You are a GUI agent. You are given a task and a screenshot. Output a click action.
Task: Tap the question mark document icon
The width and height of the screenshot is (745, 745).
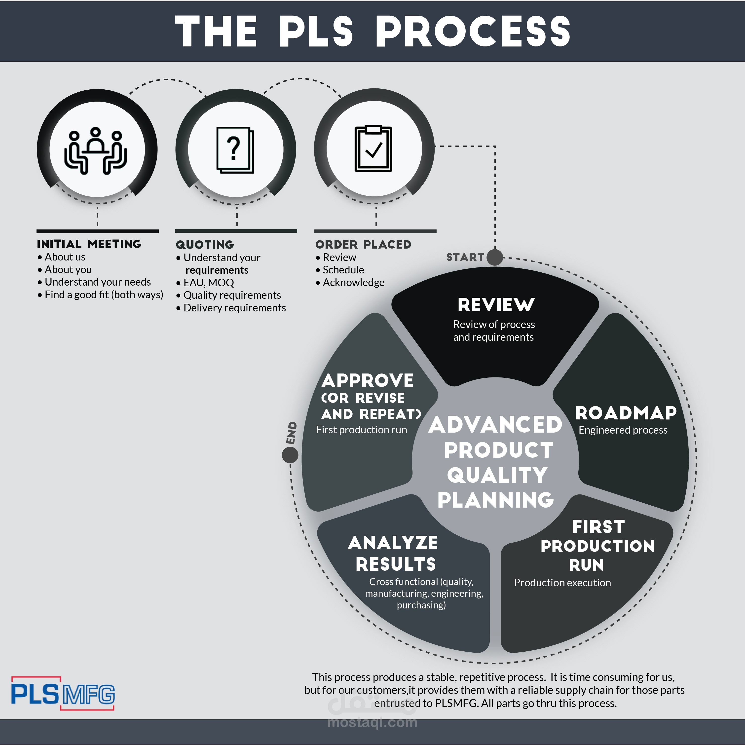[x=235, y=150]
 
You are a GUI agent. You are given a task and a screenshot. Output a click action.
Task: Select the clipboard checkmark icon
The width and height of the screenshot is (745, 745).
[x=373, y=149]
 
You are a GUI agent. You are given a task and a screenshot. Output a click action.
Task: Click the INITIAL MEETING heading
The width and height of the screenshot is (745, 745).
[x=89, y=244]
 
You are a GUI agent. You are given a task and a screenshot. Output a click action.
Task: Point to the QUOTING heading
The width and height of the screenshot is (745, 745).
[x=205, y=245]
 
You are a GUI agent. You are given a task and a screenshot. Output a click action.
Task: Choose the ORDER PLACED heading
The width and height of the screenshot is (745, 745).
[x=363, y=244]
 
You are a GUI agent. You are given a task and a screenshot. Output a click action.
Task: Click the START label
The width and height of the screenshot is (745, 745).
[x=465, y=257]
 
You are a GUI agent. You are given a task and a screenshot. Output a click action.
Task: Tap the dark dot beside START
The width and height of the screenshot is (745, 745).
[x=495, y=257]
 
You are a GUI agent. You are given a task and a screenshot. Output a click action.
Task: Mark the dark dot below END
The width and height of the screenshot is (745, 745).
[x=290, y=455]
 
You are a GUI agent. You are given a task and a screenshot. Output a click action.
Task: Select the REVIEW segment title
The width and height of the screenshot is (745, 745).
[x=496, y=305]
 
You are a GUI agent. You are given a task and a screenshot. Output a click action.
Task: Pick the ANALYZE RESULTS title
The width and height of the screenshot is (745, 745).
[x=393, y=553]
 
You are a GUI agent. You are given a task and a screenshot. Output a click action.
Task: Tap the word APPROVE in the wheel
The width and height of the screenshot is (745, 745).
[x=368, y=381]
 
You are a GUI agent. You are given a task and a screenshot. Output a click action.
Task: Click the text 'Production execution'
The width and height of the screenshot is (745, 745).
[x=562, y=583]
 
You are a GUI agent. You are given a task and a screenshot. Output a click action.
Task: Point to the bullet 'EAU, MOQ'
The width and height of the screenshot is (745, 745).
[x=205, y=283]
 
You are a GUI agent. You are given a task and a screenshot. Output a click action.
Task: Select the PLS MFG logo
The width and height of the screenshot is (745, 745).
[x=63, y=694]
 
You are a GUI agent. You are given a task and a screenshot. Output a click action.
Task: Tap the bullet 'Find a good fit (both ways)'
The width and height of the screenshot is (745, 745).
[x=100, y=295]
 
